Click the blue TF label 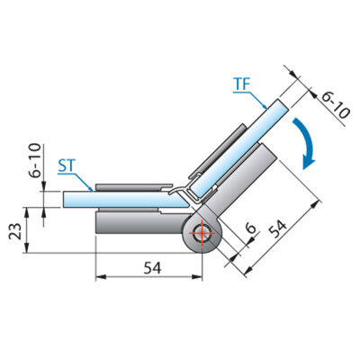(x=242, y=85)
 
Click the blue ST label (x=66, y=166)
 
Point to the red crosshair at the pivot (x=202, y=233)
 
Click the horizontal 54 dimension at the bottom (x=152, y=267)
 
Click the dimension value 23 (x=15, y=231)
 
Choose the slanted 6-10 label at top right (x=335, y=105)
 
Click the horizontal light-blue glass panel (x=127, y=200)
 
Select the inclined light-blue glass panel (x=239, y=148)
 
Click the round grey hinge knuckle (x=202, y=233)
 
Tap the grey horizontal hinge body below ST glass (x=141, y=222)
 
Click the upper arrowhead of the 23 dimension (x=27, y=212)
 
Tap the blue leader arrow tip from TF (x=265, y=107)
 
